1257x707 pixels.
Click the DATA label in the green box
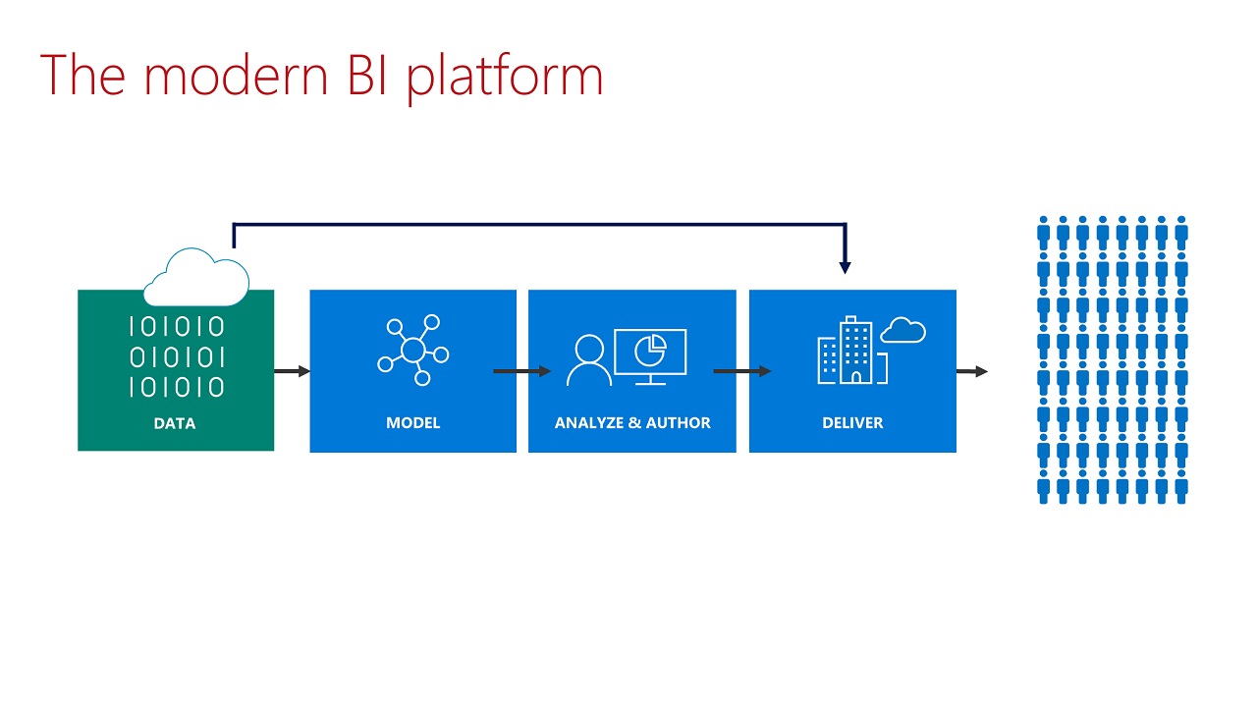point(175,424)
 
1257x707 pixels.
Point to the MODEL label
point(412,423)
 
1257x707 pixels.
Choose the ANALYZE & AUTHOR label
point(632,423)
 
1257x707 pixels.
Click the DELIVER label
point(852,423)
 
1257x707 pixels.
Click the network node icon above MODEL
point(412,350)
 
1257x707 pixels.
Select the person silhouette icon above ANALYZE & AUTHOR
point(589,360)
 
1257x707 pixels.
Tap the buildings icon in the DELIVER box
point(850,351)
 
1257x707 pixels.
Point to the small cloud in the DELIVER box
point(903,331)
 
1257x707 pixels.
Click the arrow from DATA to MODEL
point(292,371)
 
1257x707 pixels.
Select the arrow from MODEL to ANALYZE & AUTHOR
point(521,371)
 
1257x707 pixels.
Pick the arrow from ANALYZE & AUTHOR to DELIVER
point(741,371)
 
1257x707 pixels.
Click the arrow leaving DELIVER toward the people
point(971,371)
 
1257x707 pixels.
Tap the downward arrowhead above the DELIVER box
point(846,266)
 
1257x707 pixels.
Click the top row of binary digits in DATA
point(177,327)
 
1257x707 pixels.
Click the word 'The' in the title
point(82,76)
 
